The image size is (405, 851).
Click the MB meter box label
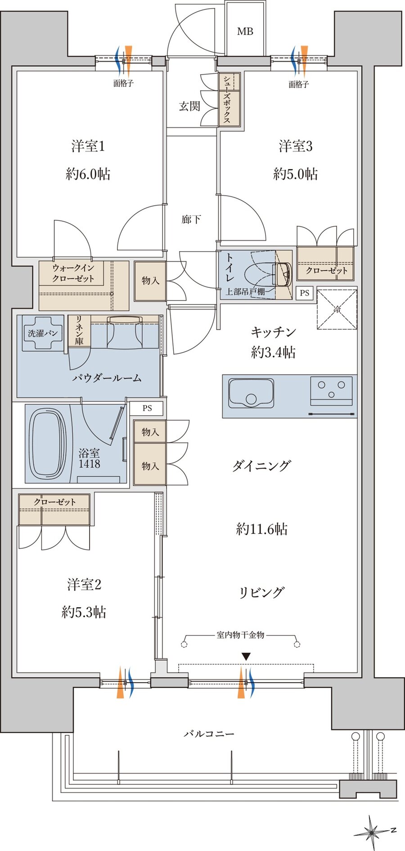click(x=245, y=31)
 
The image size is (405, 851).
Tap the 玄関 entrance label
click(x=189, y=107)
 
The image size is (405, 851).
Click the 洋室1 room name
click(x=88, y=146)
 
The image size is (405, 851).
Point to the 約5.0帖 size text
click(x=295, y=174)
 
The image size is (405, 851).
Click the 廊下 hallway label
click(x=191, y=219)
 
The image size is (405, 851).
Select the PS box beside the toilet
click(x=305, y=293)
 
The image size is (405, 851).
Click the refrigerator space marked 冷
click(x=337, y=309)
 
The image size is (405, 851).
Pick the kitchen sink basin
click(x=251, y=393)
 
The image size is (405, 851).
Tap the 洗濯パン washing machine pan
click(x=42, y=333)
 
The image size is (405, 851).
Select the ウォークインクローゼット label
click(x=73, y=273)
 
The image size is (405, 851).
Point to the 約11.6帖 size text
click(x=262, y=529)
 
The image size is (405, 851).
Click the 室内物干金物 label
click(x=240, y=635)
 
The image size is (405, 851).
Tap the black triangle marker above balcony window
click(x=246, y=657)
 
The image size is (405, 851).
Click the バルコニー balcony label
click(x=209, y=734)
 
